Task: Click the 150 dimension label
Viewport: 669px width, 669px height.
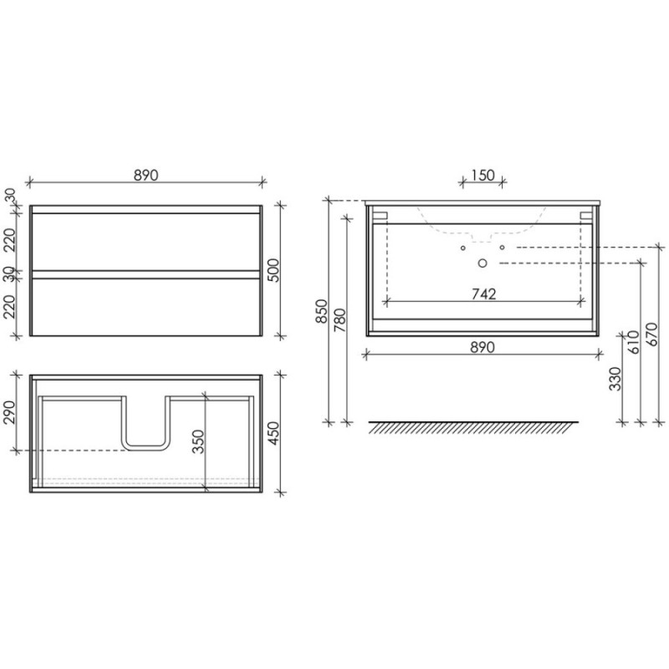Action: tap(483, 175)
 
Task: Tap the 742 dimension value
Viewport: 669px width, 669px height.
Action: tap(484, 294)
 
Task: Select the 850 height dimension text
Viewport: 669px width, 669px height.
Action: tap(322, 311)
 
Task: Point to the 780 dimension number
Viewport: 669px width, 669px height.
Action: tap(340, 320)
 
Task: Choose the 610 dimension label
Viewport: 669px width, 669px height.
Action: tap(634, 342)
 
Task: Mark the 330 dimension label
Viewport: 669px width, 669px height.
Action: tap(615, 379)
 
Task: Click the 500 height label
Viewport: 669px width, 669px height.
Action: tap(273, 270)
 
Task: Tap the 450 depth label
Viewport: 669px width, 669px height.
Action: tap(273, 433)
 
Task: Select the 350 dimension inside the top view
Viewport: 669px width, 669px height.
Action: tap(198, 442)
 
